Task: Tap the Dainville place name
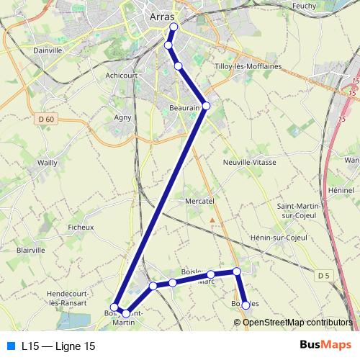tap(48, 50)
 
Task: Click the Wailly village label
tap(48, 163)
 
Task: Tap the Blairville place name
tap(30, 250)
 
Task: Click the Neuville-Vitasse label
tap(250, 163)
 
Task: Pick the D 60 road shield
tap(47, 119)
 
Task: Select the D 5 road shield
tap(323, 275)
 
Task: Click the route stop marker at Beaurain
tap(206, 106)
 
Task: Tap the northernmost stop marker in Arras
tap(173, 27)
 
